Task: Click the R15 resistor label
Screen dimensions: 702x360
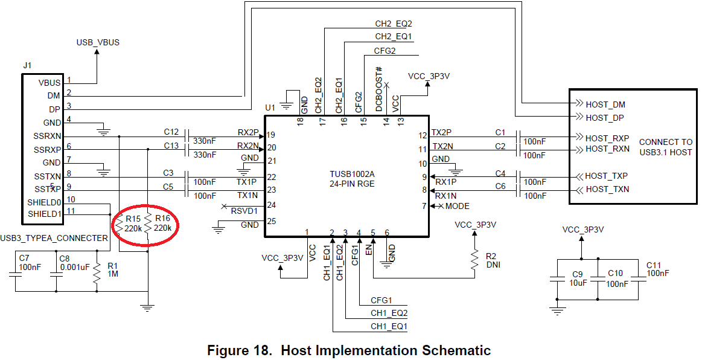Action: point(133,219)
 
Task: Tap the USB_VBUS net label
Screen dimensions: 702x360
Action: point(98,42)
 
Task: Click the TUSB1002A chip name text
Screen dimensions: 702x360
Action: point(352,174)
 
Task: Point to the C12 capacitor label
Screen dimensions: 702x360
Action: point(171,132)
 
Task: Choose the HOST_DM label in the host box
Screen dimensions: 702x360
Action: point(605,104)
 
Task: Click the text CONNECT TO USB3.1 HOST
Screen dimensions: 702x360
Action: point(666,147)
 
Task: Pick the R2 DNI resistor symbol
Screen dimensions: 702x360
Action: point(474,260)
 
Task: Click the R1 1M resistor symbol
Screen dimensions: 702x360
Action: point(97,273)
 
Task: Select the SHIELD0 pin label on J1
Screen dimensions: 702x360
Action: point(44,202)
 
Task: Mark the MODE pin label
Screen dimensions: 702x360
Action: point(457,206)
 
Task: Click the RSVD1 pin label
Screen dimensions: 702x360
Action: point(244,211)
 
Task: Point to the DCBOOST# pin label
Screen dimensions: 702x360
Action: point(379,89)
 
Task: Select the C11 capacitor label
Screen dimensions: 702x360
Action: point(654,265)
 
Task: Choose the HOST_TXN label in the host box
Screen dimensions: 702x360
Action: point(607,190)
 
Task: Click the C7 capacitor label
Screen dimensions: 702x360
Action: point(24,259)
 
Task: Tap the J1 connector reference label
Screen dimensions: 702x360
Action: point(27,65)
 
